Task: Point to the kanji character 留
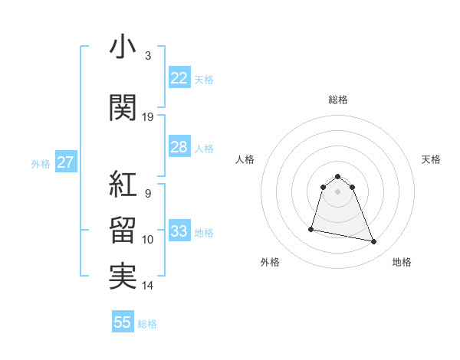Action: (x=123, y=231)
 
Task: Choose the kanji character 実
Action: (x=123, y=277)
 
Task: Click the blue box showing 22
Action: (x=179, y=77)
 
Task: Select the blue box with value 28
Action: (x=179, y=147)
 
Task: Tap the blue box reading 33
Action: (x=179, y=231)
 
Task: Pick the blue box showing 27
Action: (x=65, y=162)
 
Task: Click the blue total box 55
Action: (x=123, y=322)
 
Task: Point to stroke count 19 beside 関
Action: (x=148, y=116)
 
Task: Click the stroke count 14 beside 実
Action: (x=148, y=286)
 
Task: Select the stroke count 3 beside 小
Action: (x=148, y=55)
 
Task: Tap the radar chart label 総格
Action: (x=338, y=100)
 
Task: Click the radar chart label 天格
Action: (x=431, y=159)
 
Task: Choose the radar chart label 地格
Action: (x=402, y=262)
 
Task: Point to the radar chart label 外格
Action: (x=270, y=262)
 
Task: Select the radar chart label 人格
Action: (x=245, y=159)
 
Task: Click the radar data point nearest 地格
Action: (x=374, y=242)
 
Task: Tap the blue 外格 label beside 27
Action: (x=40, y=163)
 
